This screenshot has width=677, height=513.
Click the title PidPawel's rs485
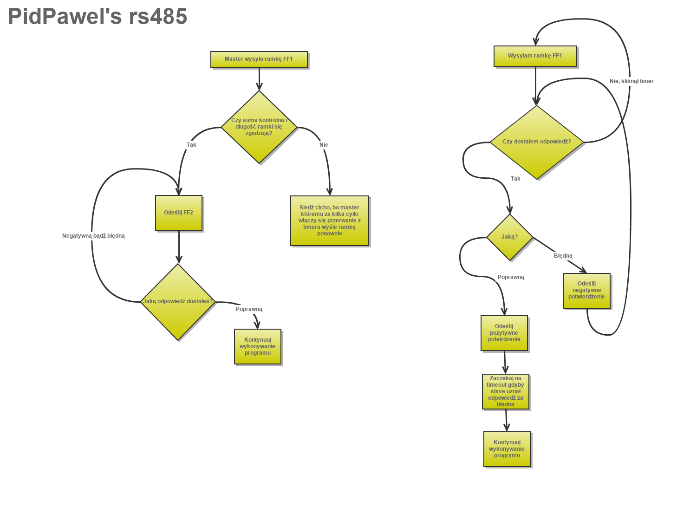pyautogui.click(x=98, y=17)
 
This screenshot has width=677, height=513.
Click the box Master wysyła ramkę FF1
pyautogui.click(x=259, y=59)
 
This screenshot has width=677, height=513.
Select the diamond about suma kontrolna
pyautogui.click(x=259, y=127)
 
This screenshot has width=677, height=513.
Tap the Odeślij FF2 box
pyautogui.click(x=178, y=213)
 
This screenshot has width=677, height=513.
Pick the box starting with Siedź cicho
pyautogui.click(x=329, y=221)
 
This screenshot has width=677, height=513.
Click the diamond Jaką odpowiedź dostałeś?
pyautogui.click(x=178, y=301)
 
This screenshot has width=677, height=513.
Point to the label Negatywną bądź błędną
pyautogui.click(x=93, y=236)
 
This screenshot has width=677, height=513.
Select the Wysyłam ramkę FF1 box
pyautogui.click(x=535, y=56)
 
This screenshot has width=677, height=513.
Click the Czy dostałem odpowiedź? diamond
pyautogui.click(x=536, y=142)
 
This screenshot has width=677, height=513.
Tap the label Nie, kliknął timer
pyautogui.click(x=631, y=81)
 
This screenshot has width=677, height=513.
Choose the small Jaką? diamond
pyautogui.click(x=509, y=237)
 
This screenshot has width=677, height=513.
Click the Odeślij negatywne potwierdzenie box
pyautogui.click(x=586, y=290)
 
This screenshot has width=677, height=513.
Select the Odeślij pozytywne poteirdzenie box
pyautogui.click(x=504, y=333)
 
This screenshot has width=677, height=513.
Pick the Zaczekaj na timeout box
pyautogui.click(x=505, y=391)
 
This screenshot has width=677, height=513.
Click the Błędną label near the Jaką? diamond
pyautogui.click(x=563, y=256)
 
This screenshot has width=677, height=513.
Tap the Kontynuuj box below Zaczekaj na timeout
pyautogui.click(x=507, y=449)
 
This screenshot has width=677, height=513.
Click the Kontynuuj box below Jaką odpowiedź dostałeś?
pyautogui.click(x=257, y=346)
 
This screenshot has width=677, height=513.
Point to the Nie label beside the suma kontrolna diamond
pyautogui.click(x=324, y=145)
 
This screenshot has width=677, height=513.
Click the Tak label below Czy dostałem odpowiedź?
pyautogui.click(x=515, y=179)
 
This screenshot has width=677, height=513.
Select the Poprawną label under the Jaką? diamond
pyautogui.click(x=511, y=277)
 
